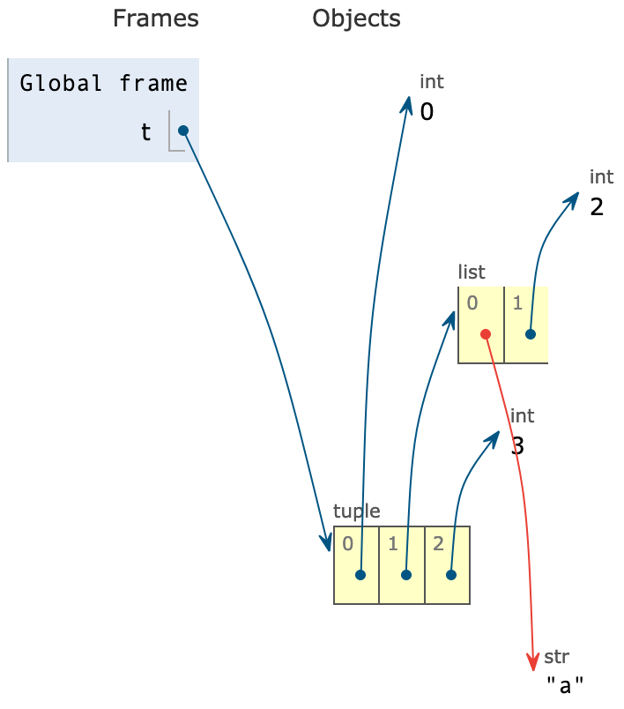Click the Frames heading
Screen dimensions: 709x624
pyautogui.click(x=155, y=19)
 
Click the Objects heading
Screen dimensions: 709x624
pyautogui.click(x=356, y=19)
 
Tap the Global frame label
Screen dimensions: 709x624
pyautogui.click(x=103, y=84)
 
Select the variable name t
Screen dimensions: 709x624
pyautogui.click(x=146, y=132)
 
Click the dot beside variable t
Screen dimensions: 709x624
pyautogui.click(x=183, y=131)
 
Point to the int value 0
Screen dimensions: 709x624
pyautogui.click(x=427, y=112)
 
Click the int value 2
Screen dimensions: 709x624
pyautogui.click(x=597, y=207)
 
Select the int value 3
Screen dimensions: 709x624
pyautogui.click(x=518, y=446)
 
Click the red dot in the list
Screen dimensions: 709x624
pyautogui.click(x=486, y=334)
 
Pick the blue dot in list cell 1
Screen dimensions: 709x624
pyautogui.click(x=531, y=334)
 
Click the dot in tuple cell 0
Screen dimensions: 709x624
pyautogui.click(x=360, y=575)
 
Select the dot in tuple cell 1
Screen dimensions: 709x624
pyautogui.click(x=406, y=575)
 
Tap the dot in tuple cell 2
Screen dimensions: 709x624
pyautogui.click(x=451, y=575)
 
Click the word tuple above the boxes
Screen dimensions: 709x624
pyautogui.click(x=357, y=511)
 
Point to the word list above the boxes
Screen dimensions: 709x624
pyautogui.click(x=472, y=272)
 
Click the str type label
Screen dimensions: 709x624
pyautogui.click(x=556, y=656)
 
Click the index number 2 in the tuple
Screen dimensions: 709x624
pyautogui.click(x=438, y=544)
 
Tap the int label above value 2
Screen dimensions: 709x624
pyautogui.click(x=602, y=177)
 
